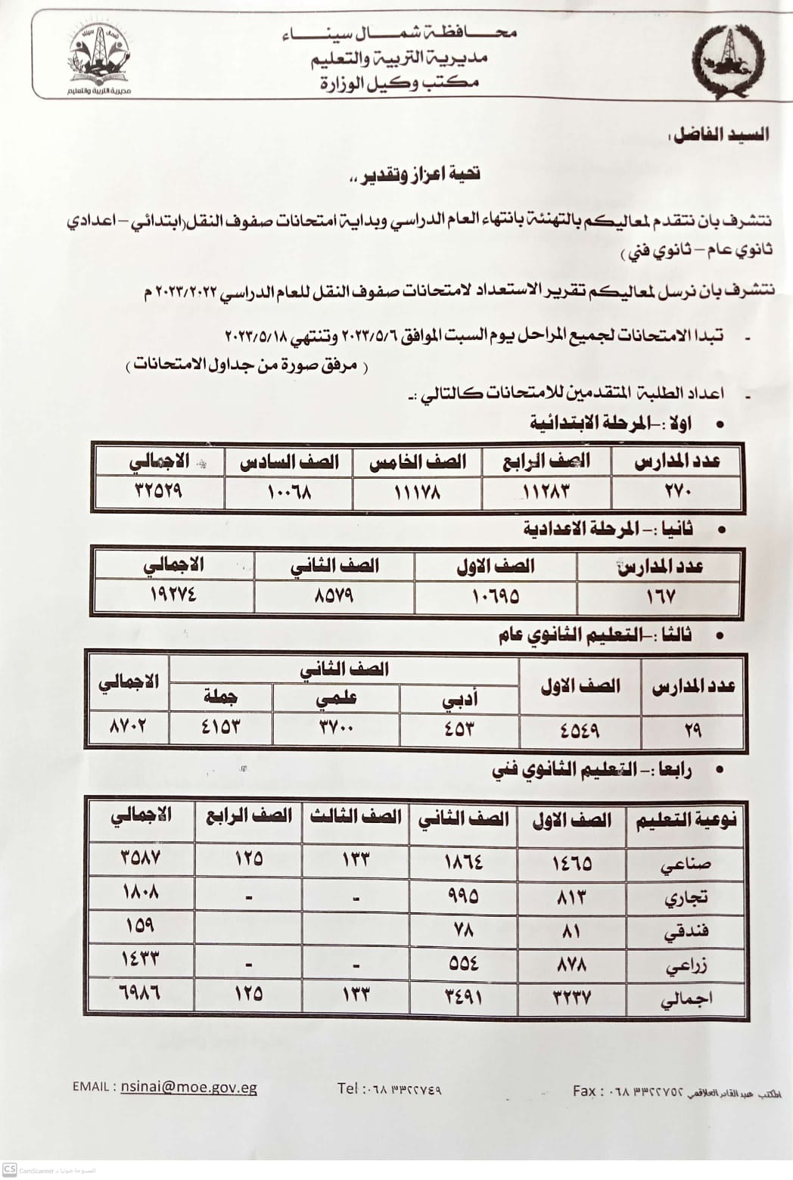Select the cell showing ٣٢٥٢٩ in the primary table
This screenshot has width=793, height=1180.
point(159,492)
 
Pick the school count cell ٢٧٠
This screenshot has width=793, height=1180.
point(676,492)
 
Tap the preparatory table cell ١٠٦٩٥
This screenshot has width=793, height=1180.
point(496,596)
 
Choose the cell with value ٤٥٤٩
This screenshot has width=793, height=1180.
point(580,730)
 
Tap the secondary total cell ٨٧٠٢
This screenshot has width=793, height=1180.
point(128,728)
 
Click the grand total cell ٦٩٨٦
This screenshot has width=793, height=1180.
point(141,992)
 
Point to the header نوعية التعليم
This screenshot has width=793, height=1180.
point(684,821)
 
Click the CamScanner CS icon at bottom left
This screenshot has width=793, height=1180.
point(10,1170)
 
